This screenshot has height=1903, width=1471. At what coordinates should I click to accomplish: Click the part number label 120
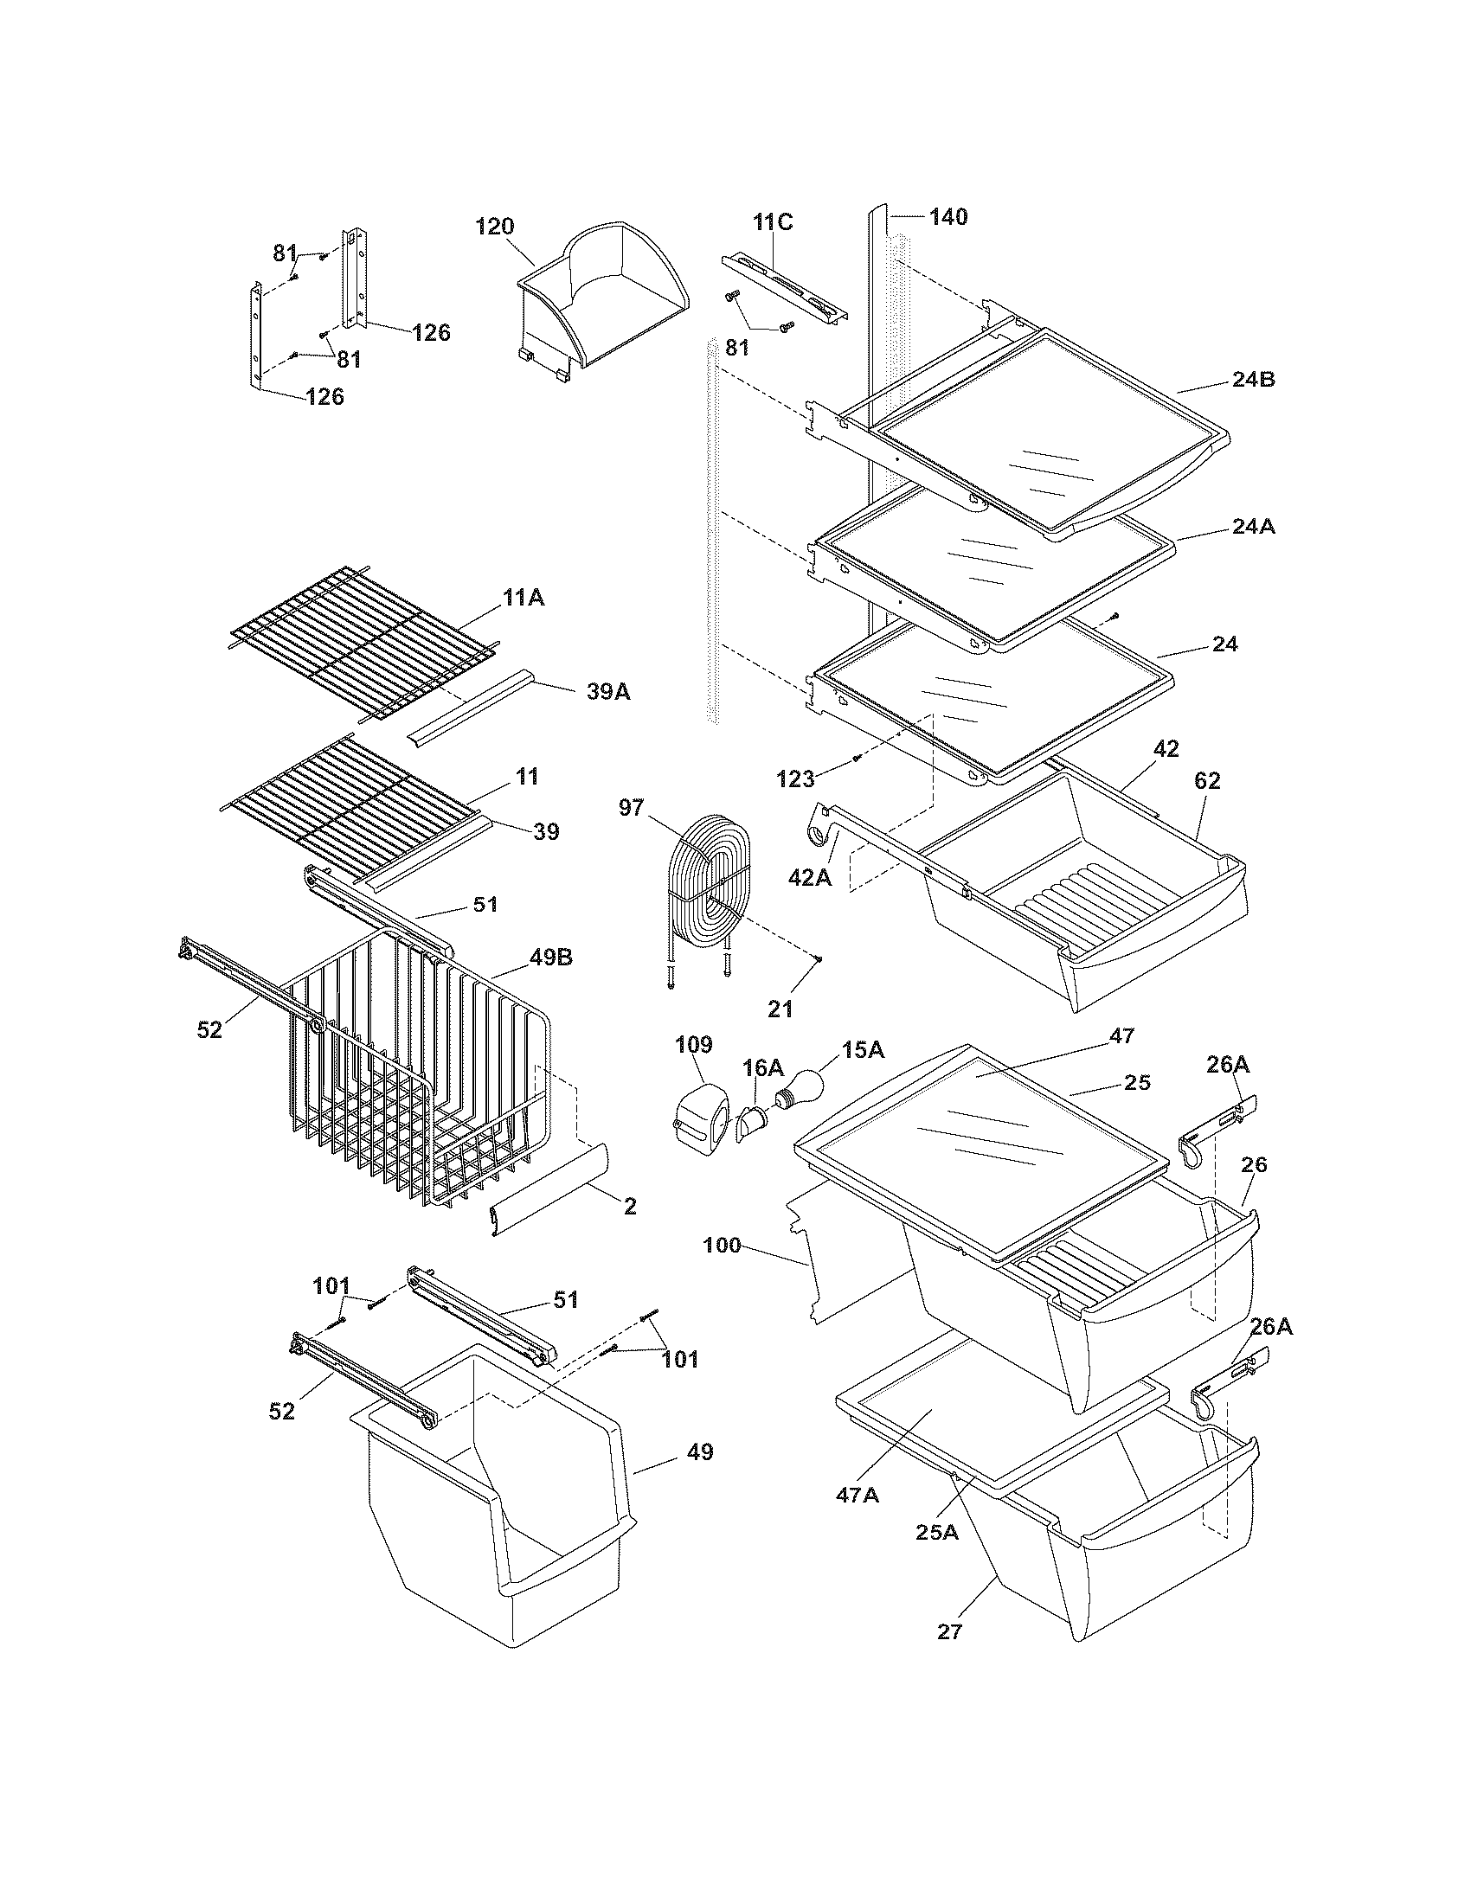pos(494,227)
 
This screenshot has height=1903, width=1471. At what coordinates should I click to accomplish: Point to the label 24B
pos(1253,380)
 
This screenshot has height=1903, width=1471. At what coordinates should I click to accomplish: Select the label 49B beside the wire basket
pos(549,958)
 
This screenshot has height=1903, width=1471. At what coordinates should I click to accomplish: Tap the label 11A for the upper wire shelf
pos(523,598)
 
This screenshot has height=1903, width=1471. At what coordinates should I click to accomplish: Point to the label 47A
pos(858,1496)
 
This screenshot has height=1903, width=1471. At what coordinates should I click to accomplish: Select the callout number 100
pos(722,1245)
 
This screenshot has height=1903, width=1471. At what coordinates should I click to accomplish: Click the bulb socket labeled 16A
pos(750,1124)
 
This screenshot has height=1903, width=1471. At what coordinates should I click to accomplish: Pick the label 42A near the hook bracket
pos(810,878)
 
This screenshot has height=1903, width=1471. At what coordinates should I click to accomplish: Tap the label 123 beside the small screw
pos(794,778)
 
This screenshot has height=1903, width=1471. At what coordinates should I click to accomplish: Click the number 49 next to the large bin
pos(700,1451)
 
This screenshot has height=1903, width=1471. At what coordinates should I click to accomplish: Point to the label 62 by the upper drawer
pos(1208,781)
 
